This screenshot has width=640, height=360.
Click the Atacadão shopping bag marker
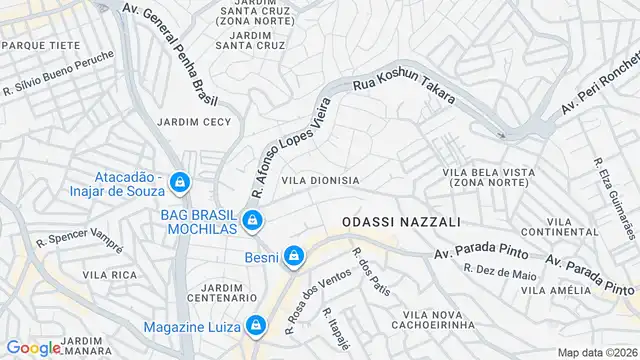point(180,182)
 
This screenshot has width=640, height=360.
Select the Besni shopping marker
point(293,257)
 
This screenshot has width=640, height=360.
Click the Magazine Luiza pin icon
point(257,325)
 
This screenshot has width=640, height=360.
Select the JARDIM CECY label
point(194,122)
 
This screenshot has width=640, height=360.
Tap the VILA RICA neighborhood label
point(110,274)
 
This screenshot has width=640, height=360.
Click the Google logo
point(33,347)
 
